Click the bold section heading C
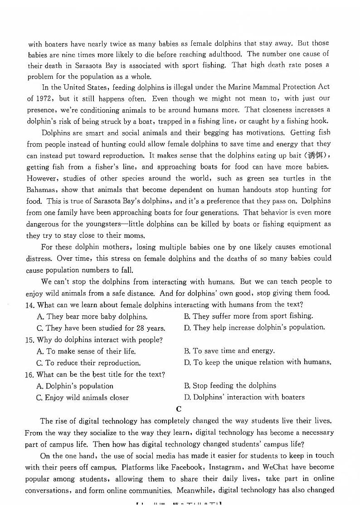(x=179, y=409)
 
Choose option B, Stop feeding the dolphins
(x=230, y=386)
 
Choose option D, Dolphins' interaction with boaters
(x=244, y=397)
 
